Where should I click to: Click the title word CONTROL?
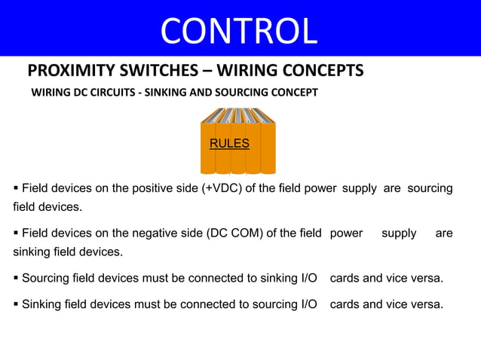point(239,30)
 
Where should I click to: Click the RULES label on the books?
point(229,143)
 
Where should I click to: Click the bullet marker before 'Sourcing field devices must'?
point(17,279)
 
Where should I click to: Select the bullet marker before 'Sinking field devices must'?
point(17,304)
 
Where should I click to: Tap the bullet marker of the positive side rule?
point(17,188)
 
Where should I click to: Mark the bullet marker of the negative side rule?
point(17,233)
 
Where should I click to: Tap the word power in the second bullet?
point(346,233)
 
